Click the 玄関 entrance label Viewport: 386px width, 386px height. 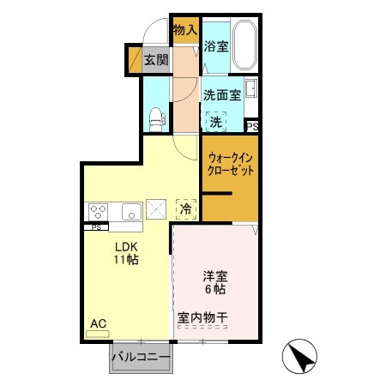pyautogui.click(x=155, y=60)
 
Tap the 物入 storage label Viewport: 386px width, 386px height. pyautogui.click(x=184, y=31)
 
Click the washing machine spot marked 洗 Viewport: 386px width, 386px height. pyautogui.click(x=215, y=122)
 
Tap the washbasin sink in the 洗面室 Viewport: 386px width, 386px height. pyautogui.click(x=251, y=89)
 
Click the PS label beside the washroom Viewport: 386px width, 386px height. pyautogui.click(x=252, y=126)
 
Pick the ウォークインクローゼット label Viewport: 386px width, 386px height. pyautogui.click(x=230, y=164)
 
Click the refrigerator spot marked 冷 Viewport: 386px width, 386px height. pyautogui.click(x=185, y=208)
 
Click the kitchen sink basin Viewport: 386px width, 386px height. pyautogui.click(x=130, y=211)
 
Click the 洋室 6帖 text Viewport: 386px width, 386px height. pyautogui.click(x=214, y=282)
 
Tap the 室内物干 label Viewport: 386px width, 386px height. pyautogui.click(x=203, y=318)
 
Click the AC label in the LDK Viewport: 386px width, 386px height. pyautogui.click(x=98, y=323)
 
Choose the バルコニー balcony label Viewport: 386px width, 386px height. pyautogui.click(x=141, y=357)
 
